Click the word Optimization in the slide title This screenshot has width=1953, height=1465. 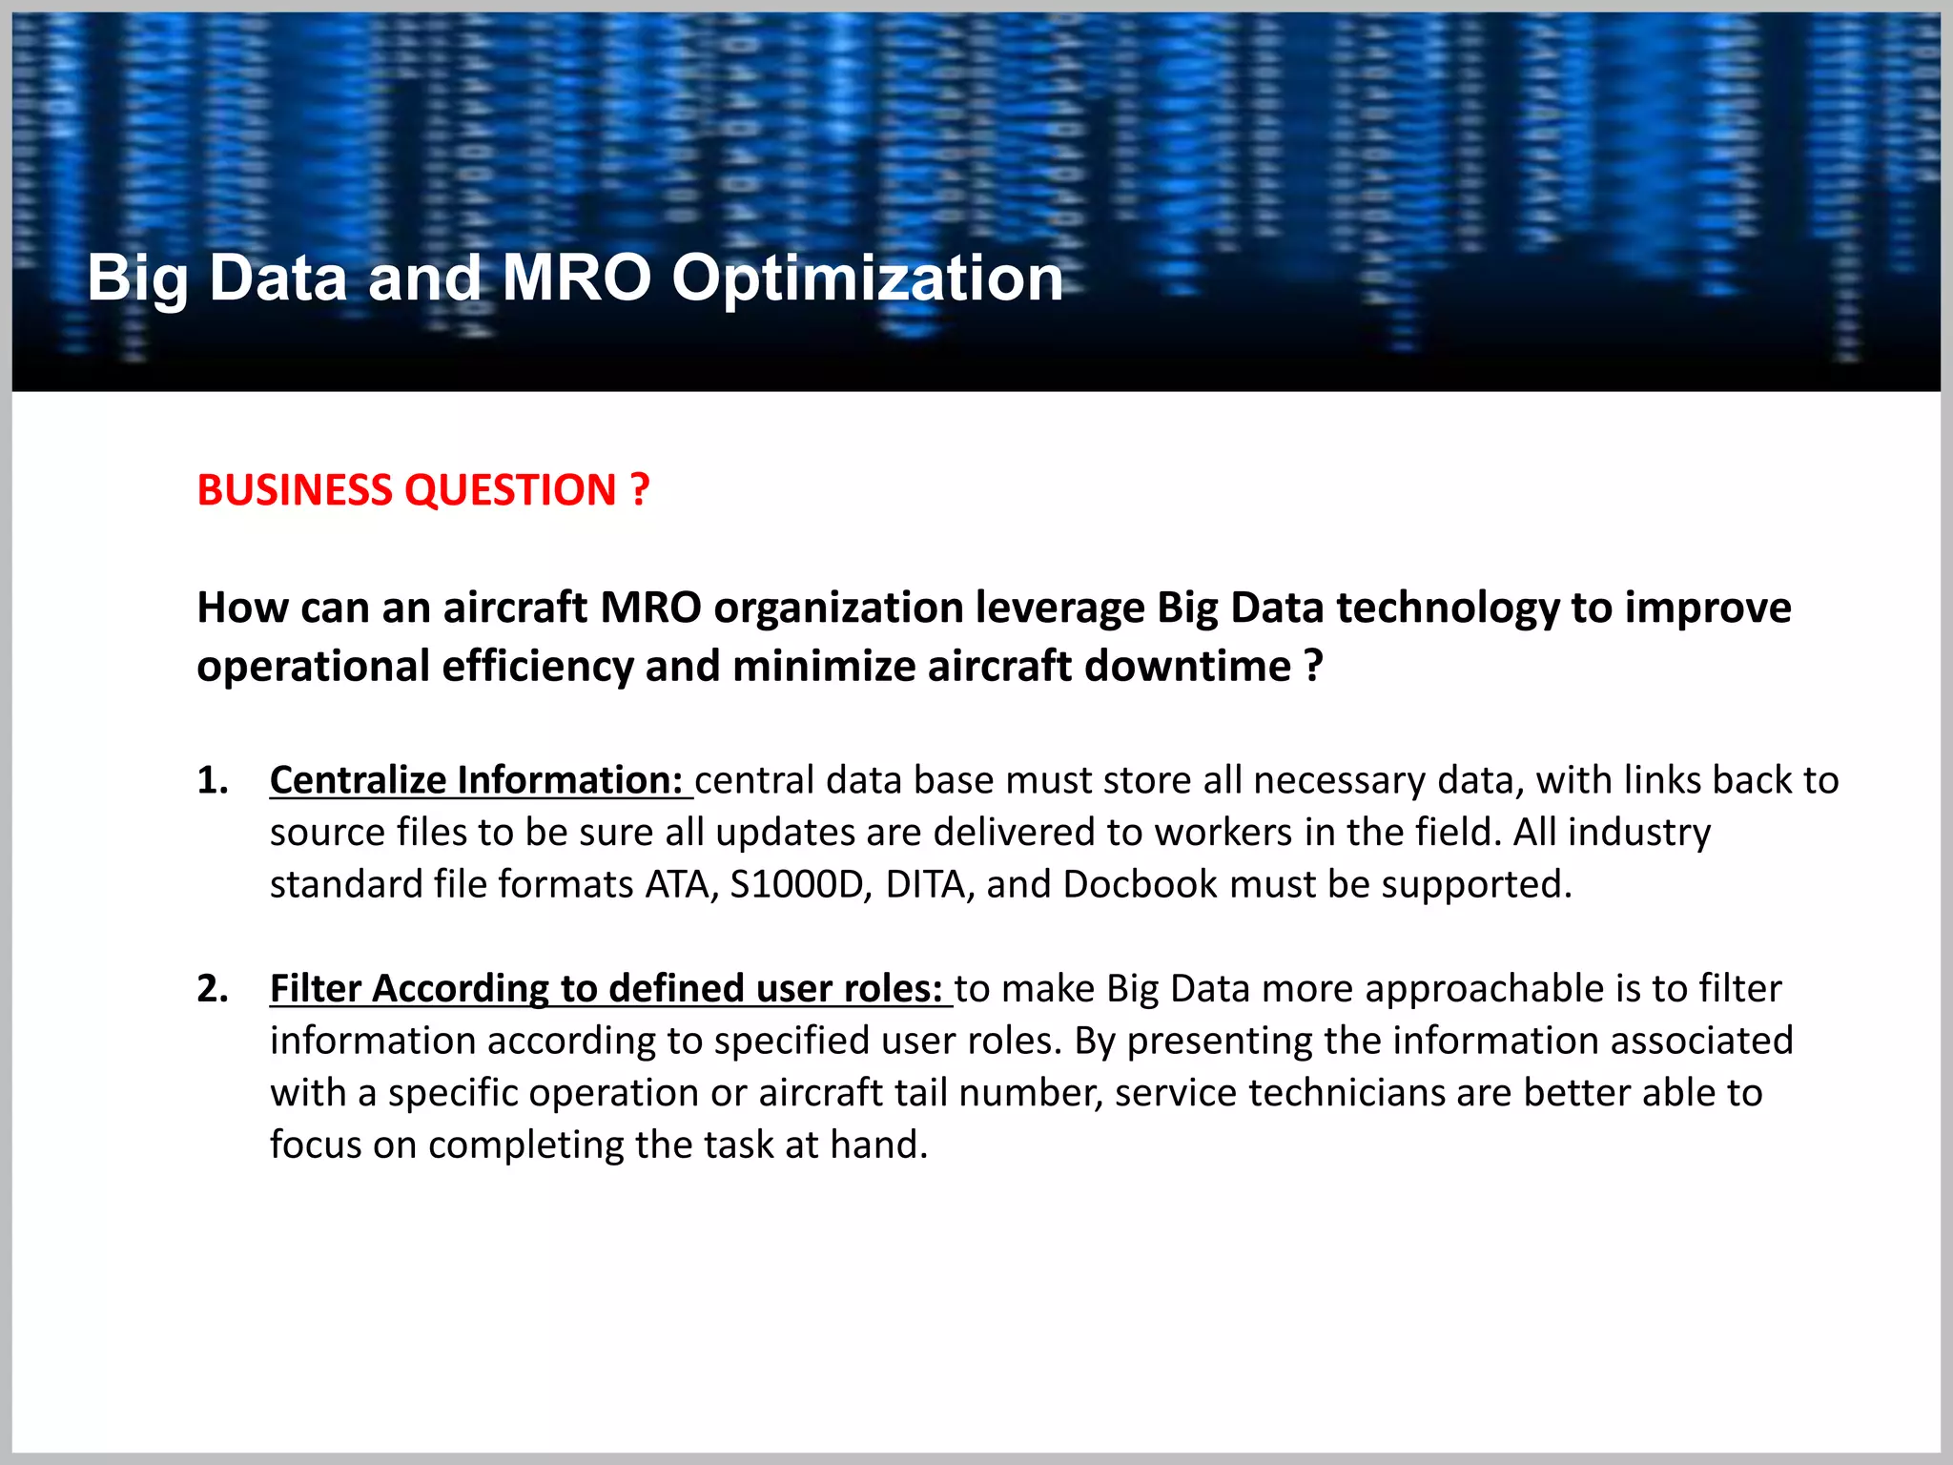pos(867,279)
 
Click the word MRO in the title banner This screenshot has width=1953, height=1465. pos(576,279)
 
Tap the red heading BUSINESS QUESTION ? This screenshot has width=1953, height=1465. pos(423,490)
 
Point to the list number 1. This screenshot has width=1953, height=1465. pos(212,780)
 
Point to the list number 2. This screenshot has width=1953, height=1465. pos(212,988)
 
